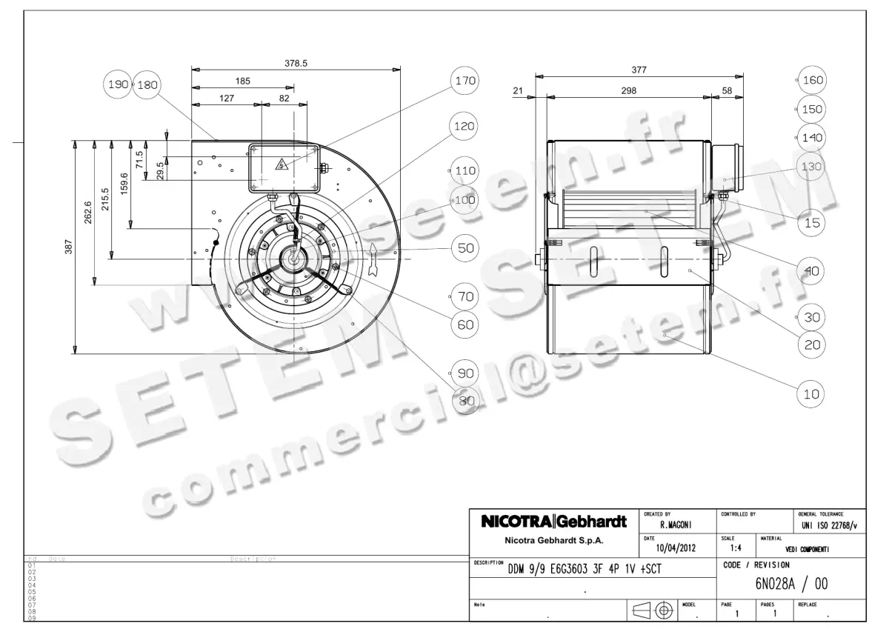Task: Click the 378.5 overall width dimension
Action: (296, 64)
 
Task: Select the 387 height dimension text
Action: (68, 246)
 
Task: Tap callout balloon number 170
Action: (465, 80)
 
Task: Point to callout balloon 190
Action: (117, 84)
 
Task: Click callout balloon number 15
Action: (812, 222)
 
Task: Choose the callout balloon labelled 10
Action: (812, 394)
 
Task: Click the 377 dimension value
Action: (639, 70)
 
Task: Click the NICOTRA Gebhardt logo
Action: (554, 522)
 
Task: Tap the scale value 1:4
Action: (736, 549)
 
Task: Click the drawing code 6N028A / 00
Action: (791, 584)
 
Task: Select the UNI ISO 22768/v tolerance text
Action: (829, 525)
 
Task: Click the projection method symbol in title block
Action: (653, 610)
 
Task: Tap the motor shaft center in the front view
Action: (296, 259)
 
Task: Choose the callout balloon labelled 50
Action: (465, 248)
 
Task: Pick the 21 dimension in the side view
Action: (518, 90)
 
